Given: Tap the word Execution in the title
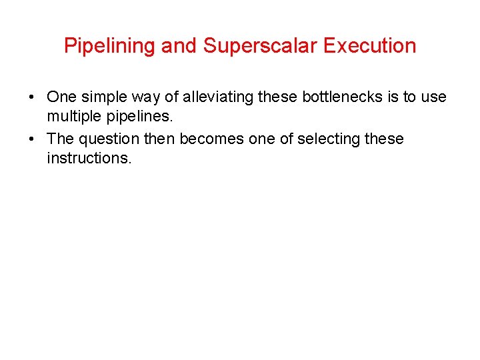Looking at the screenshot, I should point(370,46).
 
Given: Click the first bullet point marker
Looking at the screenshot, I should point(32,97).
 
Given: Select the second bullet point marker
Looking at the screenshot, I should point(32,139).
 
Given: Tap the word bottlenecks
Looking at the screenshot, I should point(343,97).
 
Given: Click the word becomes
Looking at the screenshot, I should point(217,139).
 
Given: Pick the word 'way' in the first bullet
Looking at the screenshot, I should point(146,97).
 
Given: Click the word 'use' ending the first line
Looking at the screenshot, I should point(433,97).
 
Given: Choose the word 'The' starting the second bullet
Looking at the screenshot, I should point(60,139).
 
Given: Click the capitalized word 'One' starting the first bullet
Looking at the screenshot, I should point(61,97).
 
